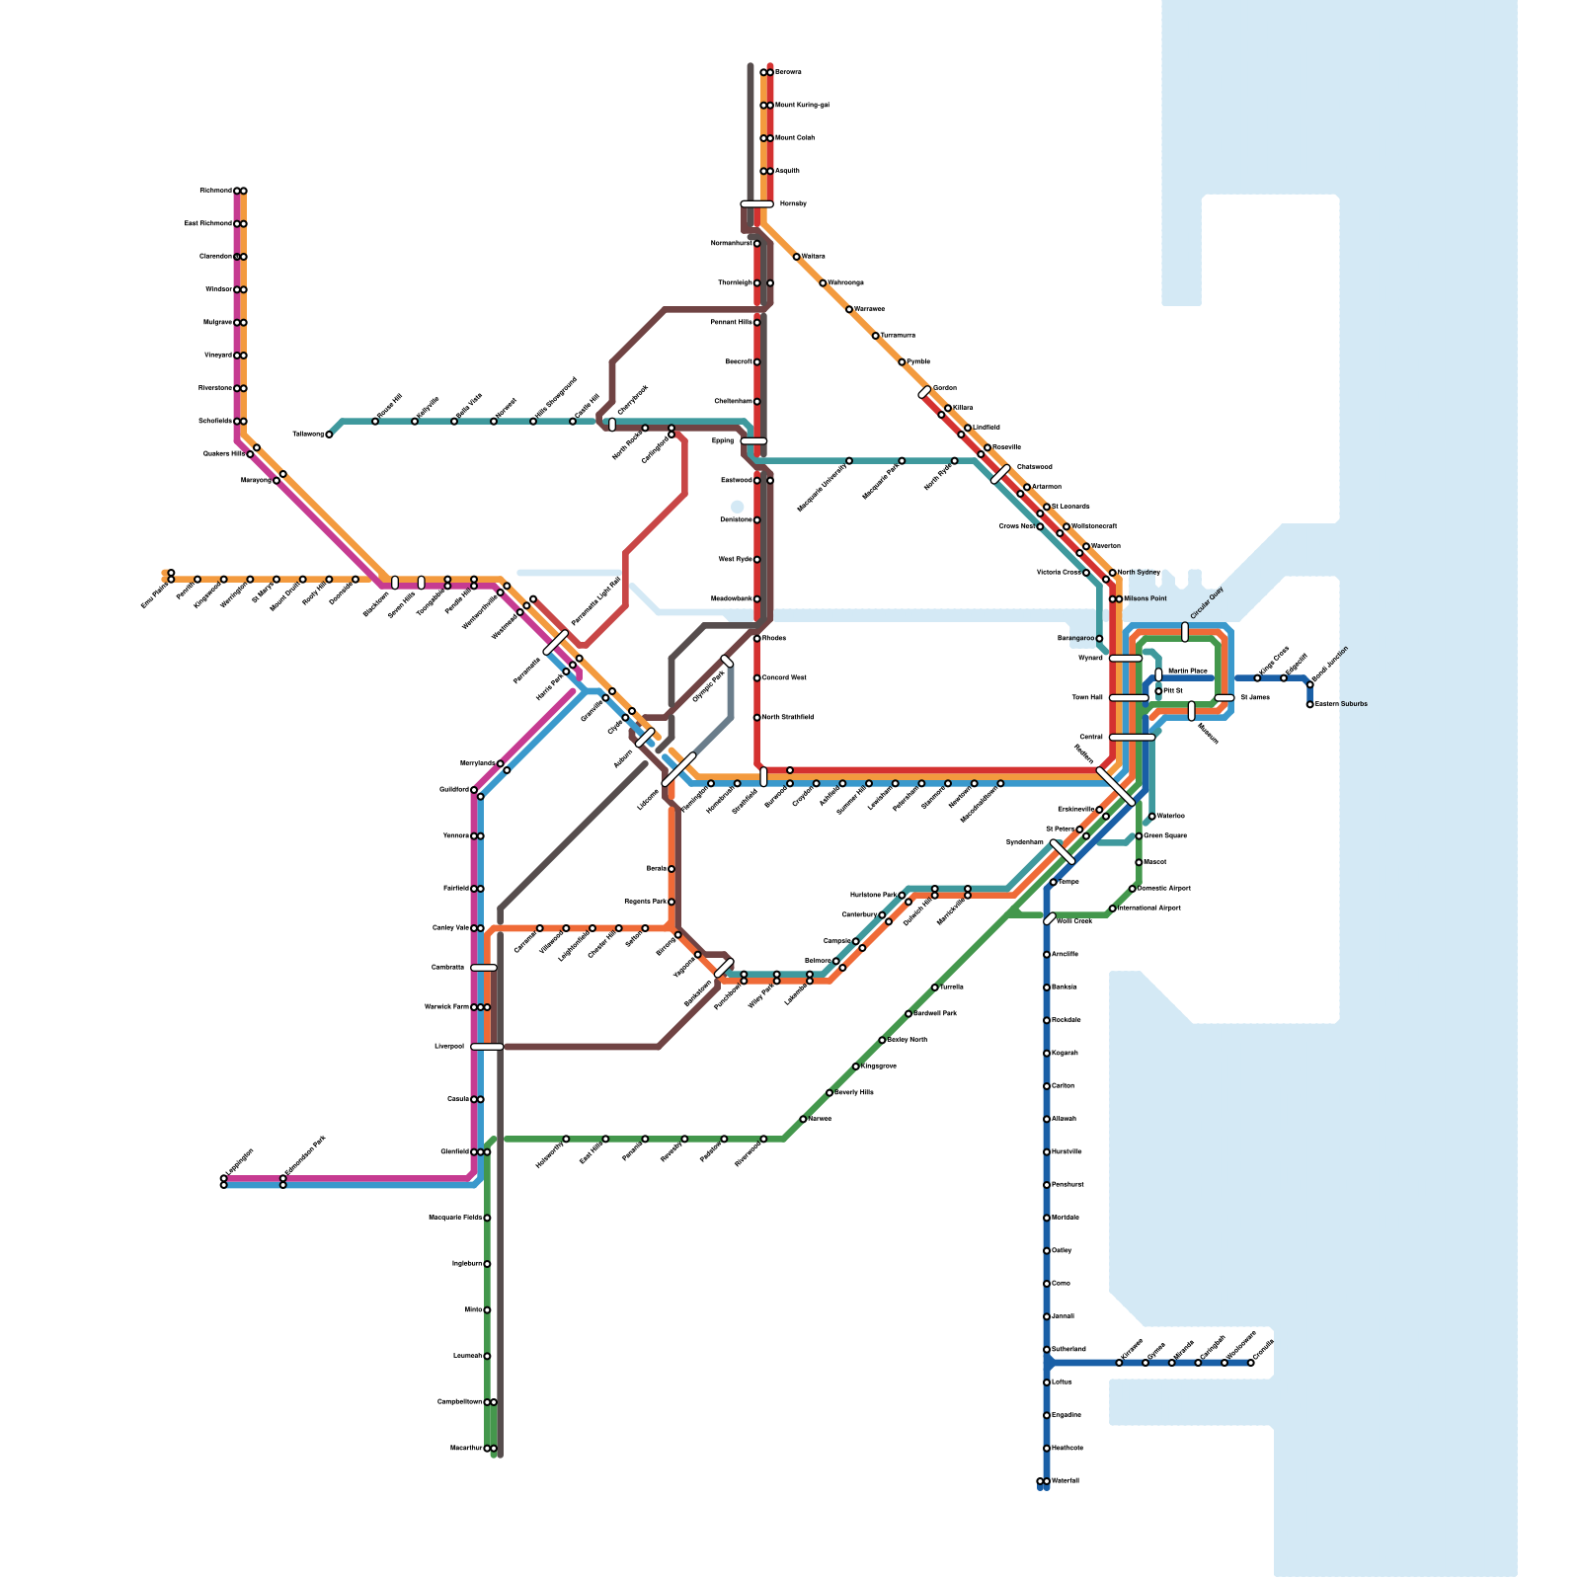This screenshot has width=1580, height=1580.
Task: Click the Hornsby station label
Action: click(x=793, y=204)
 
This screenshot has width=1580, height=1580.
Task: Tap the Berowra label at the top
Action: click(x=788, y=72)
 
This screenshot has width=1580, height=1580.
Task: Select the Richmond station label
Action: click(x=215, y=191)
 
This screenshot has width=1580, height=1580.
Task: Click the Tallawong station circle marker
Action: click(x=329, y=434)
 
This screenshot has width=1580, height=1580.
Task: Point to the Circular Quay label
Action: click(x=1207, y=603)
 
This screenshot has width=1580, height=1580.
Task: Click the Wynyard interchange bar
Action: click(x=1126, y=659)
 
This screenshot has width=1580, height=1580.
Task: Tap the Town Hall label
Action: click(x=1087, y=698)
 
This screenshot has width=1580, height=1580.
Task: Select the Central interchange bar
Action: click(x=1132, y=738)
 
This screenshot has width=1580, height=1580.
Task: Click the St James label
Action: click(x=1254, y=698)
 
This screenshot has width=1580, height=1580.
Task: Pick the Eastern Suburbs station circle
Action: click(x=1310, y=704)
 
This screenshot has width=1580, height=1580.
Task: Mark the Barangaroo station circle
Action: click(x=1099, y=639)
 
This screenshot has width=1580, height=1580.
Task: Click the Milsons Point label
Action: click(x=1145, y=599)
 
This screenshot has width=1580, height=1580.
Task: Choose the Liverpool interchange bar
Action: click(x=487, y=1047)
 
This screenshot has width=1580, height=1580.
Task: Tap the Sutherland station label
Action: click(x=1068, y=1350)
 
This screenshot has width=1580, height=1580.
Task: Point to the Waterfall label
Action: click(x=1066, y=1481)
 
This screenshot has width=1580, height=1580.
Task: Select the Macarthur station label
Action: click(x=466, y=1449)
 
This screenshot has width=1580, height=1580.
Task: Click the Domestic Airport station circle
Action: click(x=1133, y=889)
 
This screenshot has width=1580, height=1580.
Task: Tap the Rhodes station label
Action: click(x=774, y=639)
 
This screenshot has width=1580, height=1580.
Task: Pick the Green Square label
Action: click(x=1165, y=836)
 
